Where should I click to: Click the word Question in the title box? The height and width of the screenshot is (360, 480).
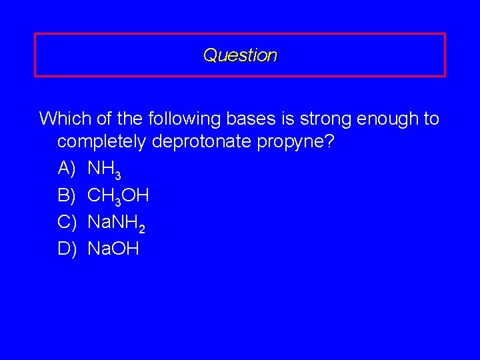tap(240, 55)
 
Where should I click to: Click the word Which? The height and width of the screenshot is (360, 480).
tap(61, 119)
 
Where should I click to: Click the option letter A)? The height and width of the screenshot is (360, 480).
tap(68, 169)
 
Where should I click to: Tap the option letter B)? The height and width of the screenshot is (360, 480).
tap(68, 195)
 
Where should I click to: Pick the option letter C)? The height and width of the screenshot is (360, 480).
tap(68, 222)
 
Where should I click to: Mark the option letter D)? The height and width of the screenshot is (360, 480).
tap(68, 249)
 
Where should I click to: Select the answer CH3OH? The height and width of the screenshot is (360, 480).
tap(119, 196)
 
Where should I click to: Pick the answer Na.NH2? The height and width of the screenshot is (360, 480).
tap(117, 223)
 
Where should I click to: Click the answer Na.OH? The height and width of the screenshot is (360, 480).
tap(113, 249)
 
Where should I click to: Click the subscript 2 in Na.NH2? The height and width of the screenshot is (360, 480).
tap(142, 228)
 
